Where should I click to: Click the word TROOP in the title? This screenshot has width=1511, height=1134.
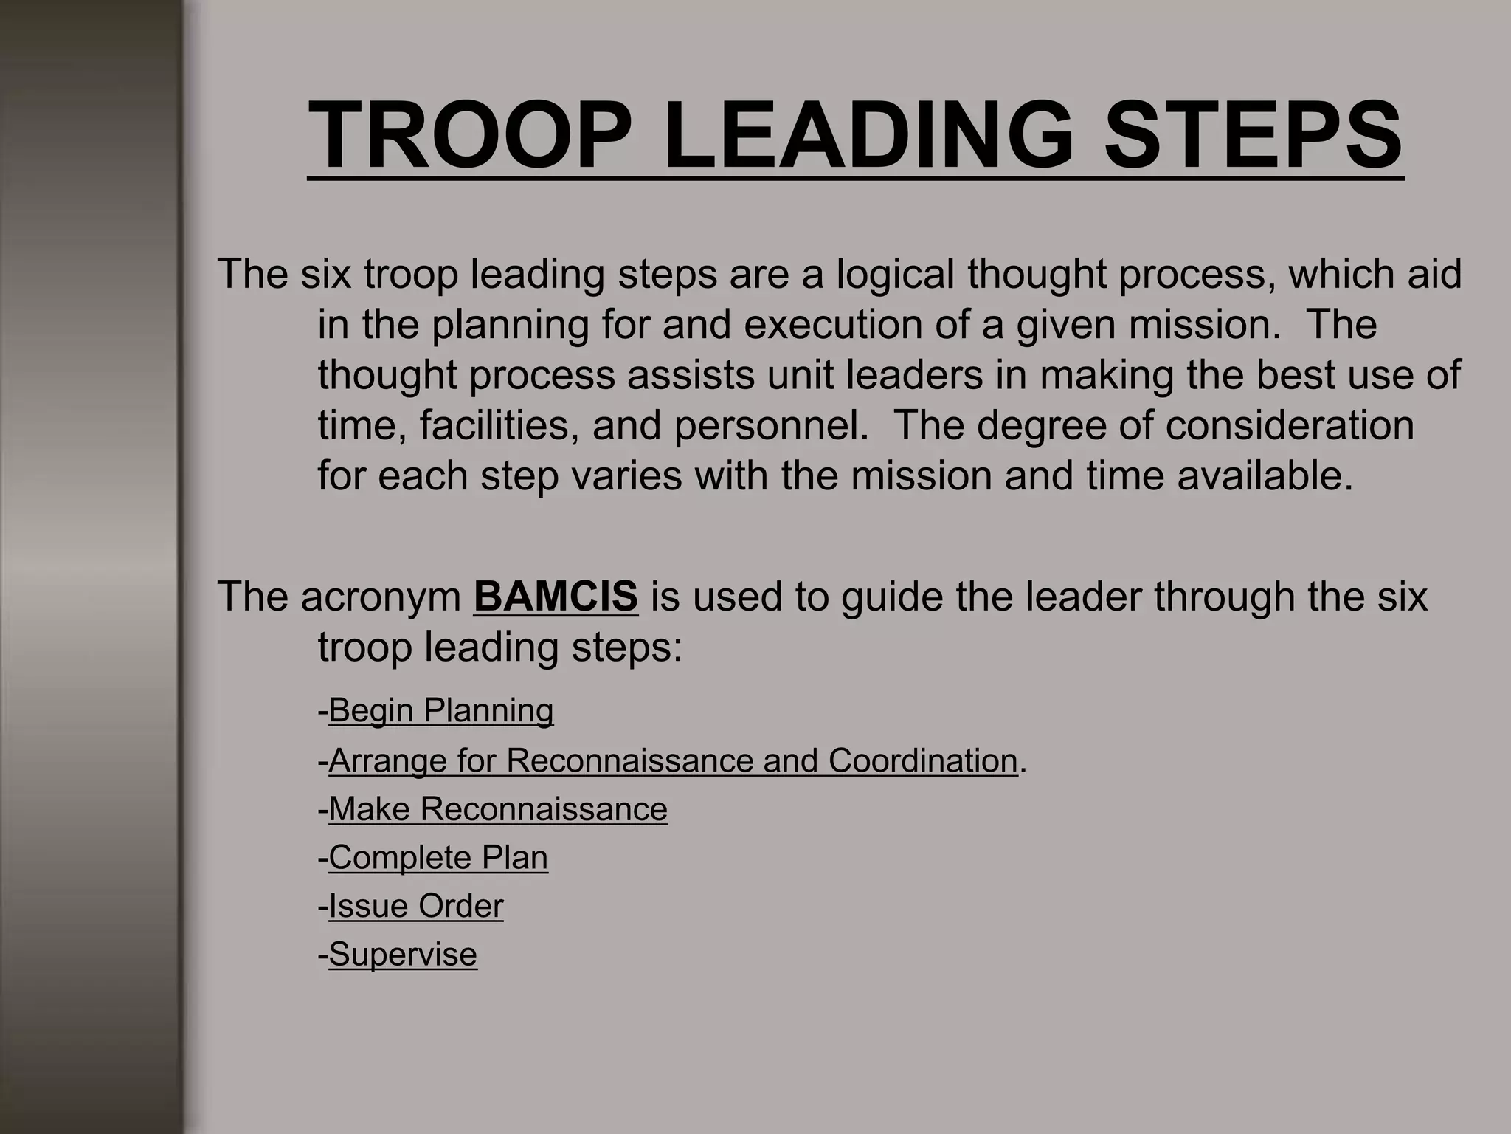[470, 136]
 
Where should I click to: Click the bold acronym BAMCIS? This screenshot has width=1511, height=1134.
[555, 596]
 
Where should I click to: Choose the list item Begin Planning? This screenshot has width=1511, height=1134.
[440, 710]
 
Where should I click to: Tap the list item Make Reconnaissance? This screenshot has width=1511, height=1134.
[498, 808]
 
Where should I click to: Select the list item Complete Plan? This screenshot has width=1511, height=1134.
[438, 857]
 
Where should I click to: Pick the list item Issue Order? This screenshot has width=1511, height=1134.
[416, 906]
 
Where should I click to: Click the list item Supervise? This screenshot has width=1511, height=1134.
[403, 954]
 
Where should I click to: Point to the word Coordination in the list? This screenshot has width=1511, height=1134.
[923, 760]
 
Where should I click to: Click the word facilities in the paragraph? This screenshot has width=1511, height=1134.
[499, 426]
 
